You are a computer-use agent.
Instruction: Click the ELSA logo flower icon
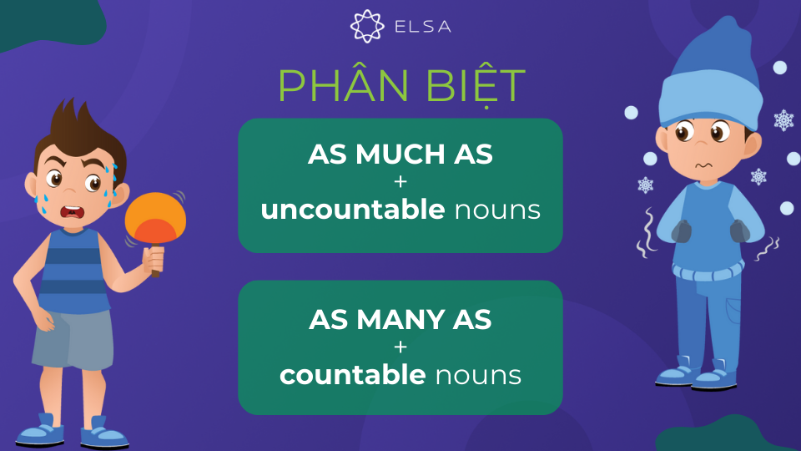(367, 26)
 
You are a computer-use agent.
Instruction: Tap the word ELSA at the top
(423, 27)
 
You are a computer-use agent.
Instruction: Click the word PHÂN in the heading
(343, 85)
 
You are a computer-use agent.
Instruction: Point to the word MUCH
(400, 154)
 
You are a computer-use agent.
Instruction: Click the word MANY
(400, 320)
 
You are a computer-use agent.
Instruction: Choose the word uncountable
(353, 210)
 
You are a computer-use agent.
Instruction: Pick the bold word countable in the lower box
(353, 375)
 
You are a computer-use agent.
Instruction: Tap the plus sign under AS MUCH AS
(400, 181)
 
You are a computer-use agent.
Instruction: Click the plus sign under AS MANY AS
(400, 347)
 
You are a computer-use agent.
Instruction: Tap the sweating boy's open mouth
(73, 211)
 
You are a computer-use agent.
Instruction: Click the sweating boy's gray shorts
(73, 339)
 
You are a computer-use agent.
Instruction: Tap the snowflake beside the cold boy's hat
(783, 120)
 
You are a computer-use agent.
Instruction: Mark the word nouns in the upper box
(497, 210)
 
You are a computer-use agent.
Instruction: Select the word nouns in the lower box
(478, 376)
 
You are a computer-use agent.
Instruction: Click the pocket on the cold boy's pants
(733, 311)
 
